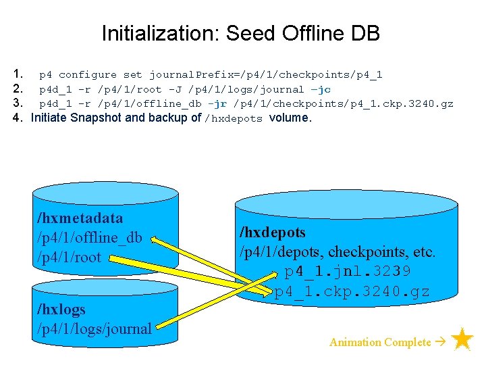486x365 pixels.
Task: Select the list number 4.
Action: (x=18, y=118)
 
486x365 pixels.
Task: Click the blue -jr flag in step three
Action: (x=217, y=103)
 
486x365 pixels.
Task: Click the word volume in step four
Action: (x=289, y=118)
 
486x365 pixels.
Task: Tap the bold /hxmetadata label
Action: (x=81, y=218)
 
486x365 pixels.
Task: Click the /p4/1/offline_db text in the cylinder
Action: (x=90, y=237)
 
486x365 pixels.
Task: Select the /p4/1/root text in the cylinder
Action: (x=69, y=257)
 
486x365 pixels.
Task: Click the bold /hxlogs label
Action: (x=61, y=310)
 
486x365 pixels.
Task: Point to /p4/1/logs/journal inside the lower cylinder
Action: (x=95, y=329)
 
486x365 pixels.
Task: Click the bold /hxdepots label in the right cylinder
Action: (x=272, y=233)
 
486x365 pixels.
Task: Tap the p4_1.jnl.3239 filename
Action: (x=348, y=272)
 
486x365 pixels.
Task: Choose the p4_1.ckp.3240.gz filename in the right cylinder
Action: (x=352, y=292)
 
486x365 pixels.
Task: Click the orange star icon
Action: (x=462, y=340)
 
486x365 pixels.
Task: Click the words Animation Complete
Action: (x=379, y=342)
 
